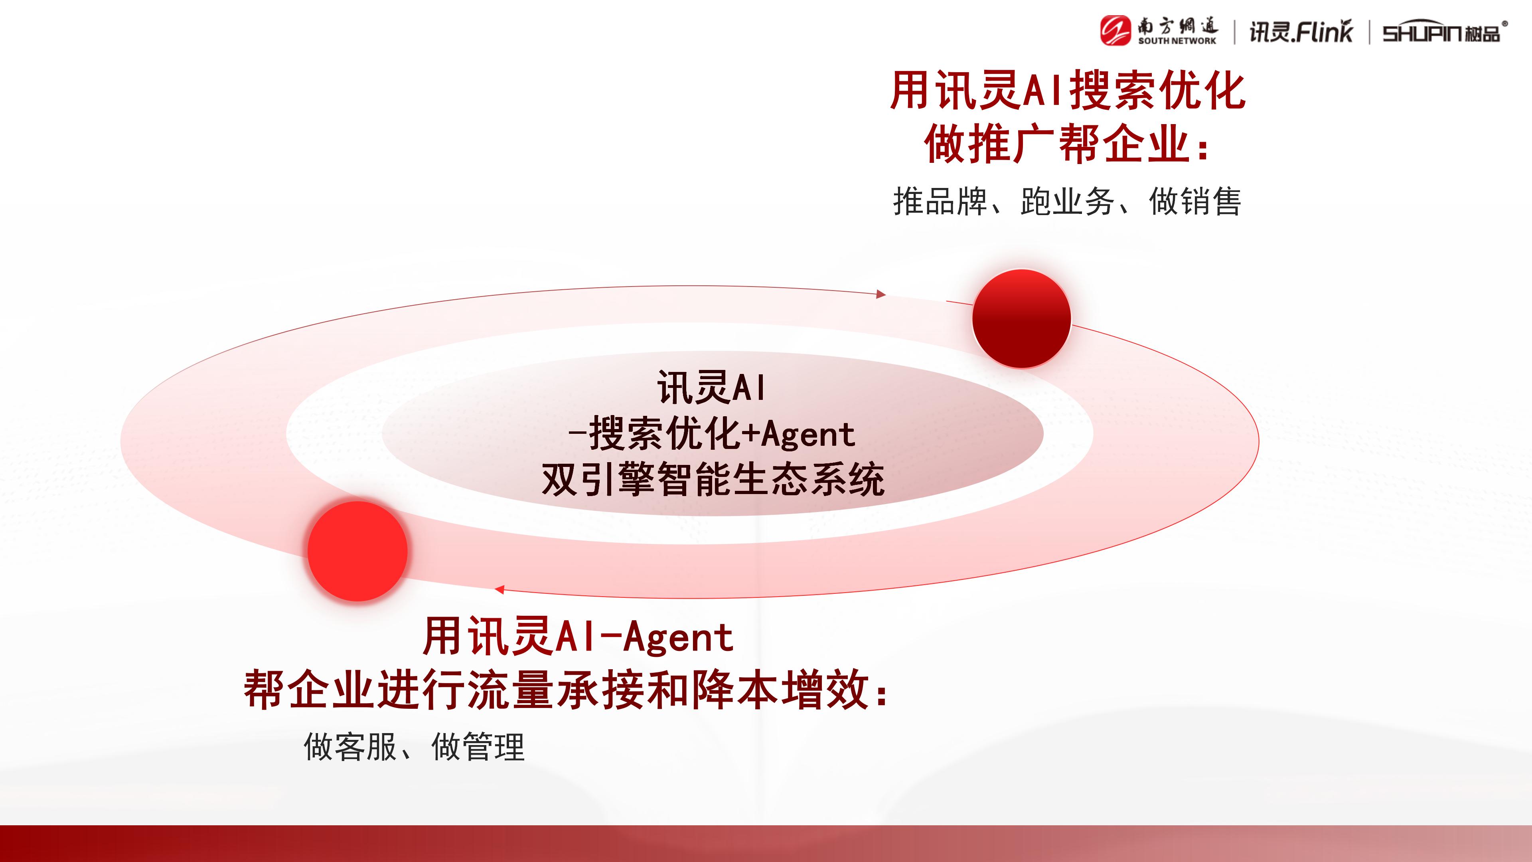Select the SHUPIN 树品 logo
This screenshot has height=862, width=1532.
coord(1445,32)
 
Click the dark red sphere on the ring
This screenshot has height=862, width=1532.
coord(1022,318)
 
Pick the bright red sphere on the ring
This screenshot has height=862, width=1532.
coord(357,551)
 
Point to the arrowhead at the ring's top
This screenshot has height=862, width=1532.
coord(881,294)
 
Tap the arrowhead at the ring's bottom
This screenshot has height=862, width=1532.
coord(499,589)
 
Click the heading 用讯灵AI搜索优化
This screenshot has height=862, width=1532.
coord(1068,91)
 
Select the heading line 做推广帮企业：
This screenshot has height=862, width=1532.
coord(1068,144)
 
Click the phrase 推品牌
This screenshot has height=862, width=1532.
coord(940,201)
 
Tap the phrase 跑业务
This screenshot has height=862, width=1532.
coord(1068,201)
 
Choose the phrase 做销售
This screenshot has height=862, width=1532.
coord(1195,201)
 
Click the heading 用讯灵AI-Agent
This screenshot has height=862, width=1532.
coord(578,637)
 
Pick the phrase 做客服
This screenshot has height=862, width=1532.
coord(350,747)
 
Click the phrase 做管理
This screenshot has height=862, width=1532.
coord(478,747)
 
